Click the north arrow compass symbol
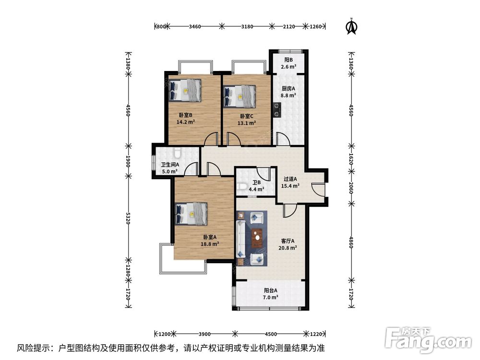352,27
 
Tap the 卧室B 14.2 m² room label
186,119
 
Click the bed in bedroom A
192,213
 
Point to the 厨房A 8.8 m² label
288,92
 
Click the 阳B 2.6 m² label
288,63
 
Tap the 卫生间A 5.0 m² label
169,168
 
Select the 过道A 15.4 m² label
291,182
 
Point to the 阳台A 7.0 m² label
271,294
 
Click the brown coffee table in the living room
258,235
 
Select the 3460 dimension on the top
194,26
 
